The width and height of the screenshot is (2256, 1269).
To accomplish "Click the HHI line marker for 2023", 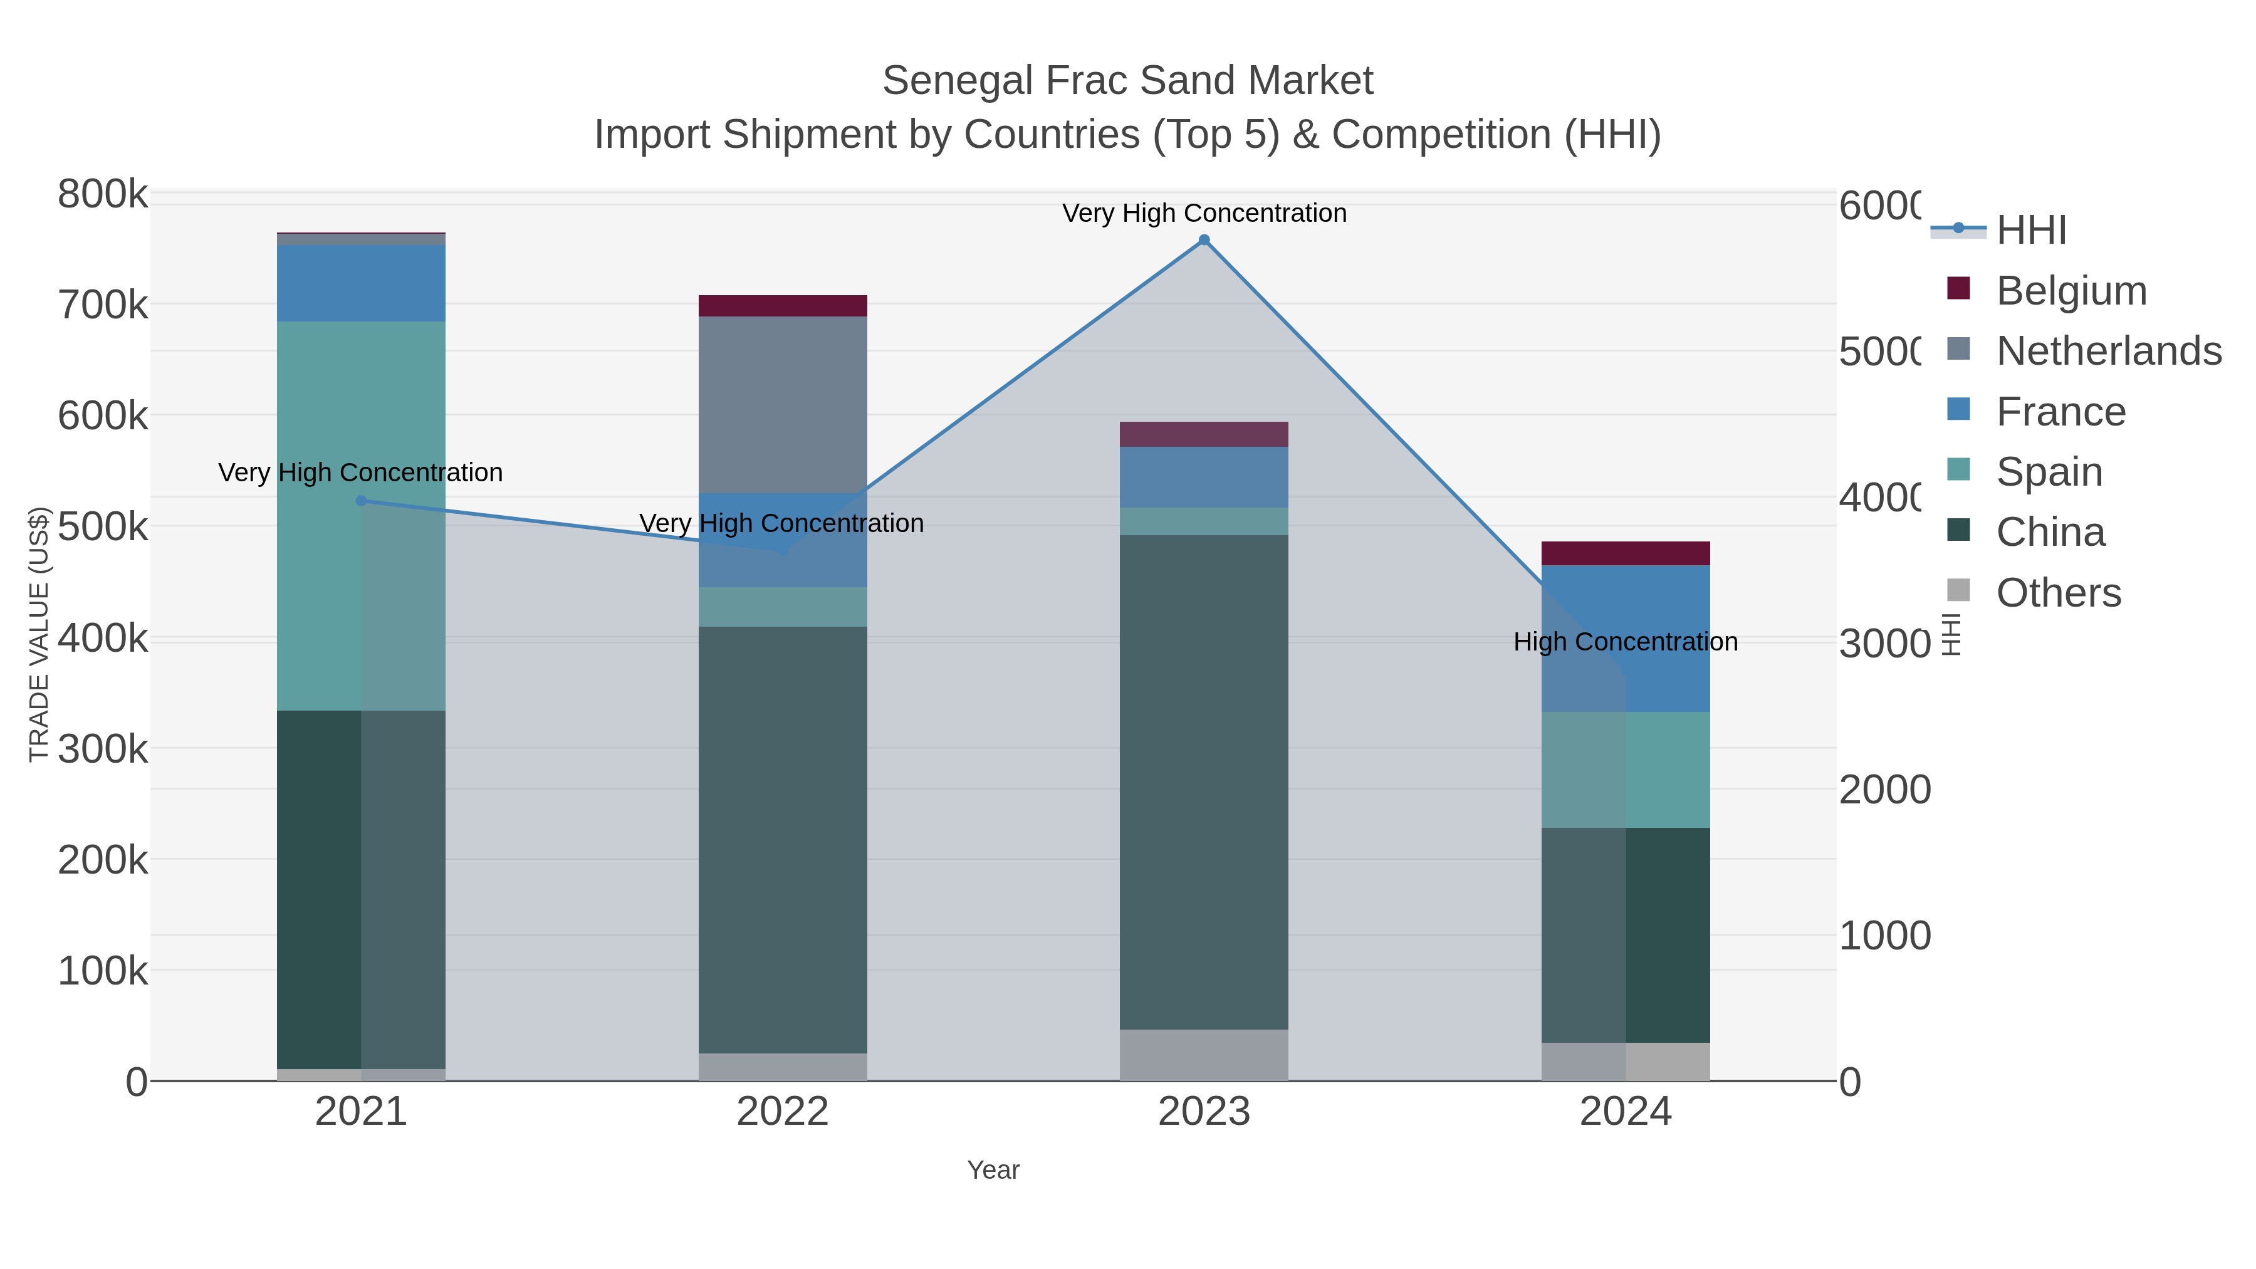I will [x=1204, y=240].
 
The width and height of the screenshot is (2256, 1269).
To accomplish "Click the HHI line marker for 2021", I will [x=361, y=501].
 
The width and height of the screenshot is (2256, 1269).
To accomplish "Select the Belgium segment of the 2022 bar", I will [x=782, y=306].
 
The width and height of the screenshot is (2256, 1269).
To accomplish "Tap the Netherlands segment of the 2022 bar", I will [x=782, y=405].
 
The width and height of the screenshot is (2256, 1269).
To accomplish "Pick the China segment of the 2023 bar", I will [x=1204, y=781].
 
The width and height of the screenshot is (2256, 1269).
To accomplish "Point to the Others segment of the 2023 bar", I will [x=1204, y=1055].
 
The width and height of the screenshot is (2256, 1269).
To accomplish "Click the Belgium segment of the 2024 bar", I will [x=1626, y=553].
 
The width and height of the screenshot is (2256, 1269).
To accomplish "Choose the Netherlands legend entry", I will [x=2108, y=351].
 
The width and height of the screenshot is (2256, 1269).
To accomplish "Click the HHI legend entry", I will [x=2031, y=231].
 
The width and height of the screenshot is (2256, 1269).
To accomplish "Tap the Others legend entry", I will [x=2058, y=593].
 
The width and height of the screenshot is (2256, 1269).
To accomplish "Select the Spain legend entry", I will [x=2049, y=472].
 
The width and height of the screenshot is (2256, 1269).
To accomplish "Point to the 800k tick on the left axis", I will [x=103, y=194].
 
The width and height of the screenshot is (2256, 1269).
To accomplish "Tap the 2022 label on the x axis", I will [x=782, y=1112].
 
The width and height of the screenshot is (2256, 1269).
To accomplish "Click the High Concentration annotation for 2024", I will [x=1626, y=642].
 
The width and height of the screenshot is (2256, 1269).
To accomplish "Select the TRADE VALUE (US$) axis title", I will [x=39, y=634].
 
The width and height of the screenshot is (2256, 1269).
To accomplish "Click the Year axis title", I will [x=993, y=1170].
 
